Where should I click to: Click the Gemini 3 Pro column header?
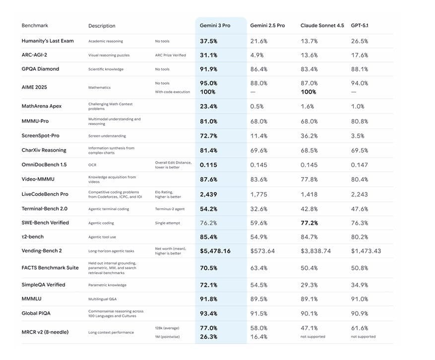click(215, 25)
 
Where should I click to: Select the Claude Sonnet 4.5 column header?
click(322, 25)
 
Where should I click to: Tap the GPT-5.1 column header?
click(359, 25)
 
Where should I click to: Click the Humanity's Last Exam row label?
click(48, 41)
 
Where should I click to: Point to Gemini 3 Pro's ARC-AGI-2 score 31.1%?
click(208, 55)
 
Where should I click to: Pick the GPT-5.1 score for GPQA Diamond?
click(359, 69)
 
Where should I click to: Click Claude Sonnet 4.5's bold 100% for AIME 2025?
click(308, 92)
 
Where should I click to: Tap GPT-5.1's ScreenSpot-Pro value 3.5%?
click(357, 135)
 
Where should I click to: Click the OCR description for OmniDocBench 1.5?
click(92, 165)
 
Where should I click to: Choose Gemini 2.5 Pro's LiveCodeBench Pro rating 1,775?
click(259, 194)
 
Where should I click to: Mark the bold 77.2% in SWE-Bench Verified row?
click(309, 223)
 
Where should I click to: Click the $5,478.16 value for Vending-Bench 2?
click(215, 251)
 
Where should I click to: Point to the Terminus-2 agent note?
click(170, 209)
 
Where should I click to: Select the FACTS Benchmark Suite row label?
click(50, 268)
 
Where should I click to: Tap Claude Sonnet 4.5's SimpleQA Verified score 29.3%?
click(309, 285)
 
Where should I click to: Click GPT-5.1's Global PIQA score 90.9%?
click(359, 313)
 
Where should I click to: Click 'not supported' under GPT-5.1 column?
click(363, 337)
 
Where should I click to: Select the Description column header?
click(102, 26)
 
